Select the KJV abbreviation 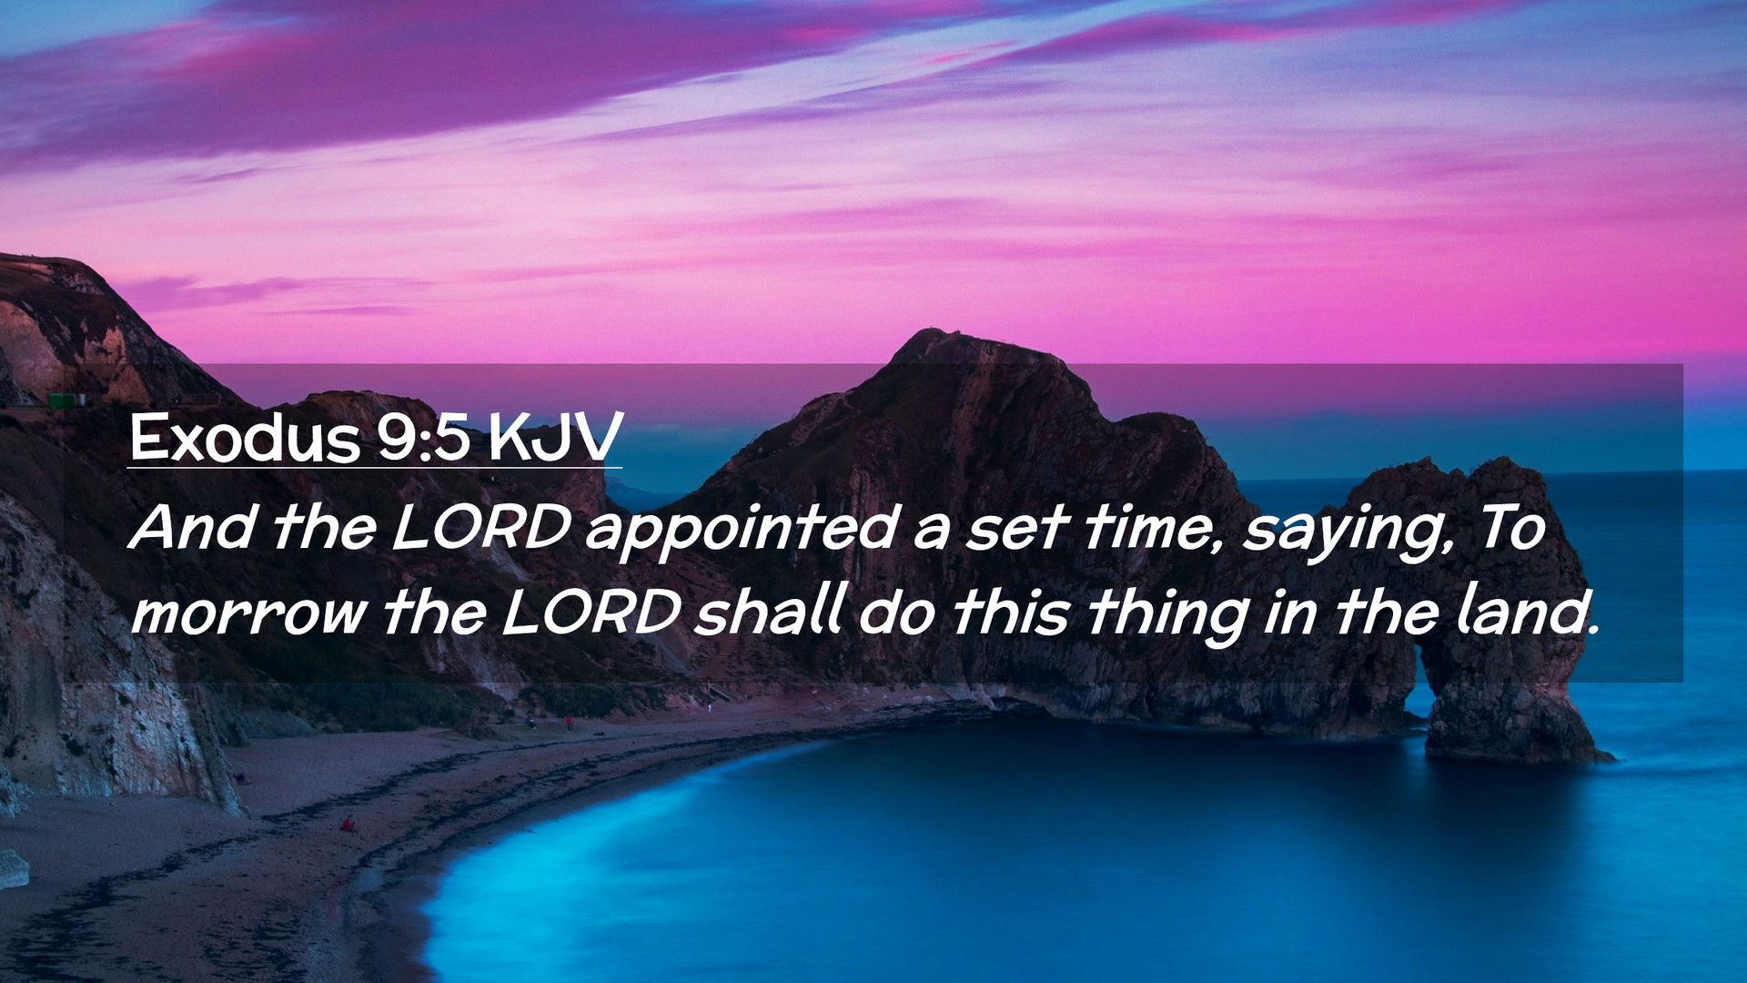555,438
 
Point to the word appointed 742,531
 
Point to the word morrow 248,613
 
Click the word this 1009,611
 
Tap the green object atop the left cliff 66,400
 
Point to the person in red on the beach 346,825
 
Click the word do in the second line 896,611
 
